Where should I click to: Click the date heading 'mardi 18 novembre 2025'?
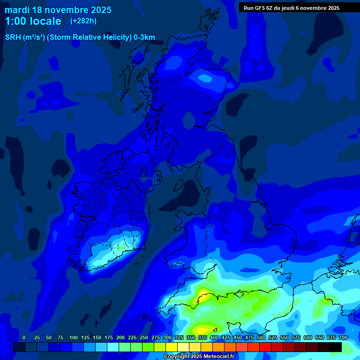point(58,10)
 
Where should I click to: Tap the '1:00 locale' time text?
point(33,21)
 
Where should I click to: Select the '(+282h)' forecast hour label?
point(83,21)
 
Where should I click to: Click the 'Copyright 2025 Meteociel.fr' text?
point(198,357)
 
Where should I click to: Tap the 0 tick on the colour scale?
point(24,337)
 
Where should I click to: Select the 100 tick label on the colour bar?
point(73,337)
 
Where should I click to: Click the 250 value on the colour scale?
point(143,337)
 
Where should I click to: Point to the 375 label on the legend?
point(202,337)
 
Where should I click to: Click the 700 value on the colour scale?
point(343,337)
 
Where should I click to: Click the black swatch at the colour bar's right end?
point(336,347)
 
